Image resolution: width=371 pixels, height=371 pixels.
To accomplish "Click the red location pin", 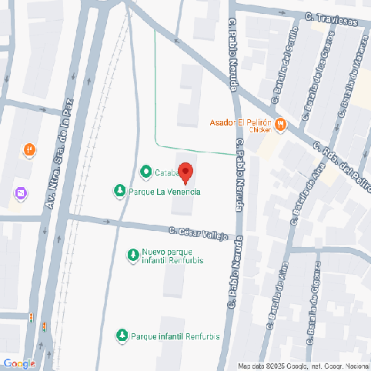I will click(x=185, y=173).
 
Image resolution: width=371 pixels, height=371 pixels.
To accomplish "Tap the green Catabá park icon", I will click(x=145, y=172).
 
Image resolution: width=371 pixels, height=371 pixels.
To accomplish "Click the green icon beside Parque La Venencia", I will click(x=119, y=191).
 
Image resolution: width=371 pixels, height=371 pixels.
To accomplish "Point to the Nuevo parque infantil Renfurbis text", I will click(x=171, y=256).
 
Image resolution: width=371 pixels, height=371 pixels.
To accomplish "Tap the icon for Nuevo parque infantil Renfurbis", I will click(x=132, y=253).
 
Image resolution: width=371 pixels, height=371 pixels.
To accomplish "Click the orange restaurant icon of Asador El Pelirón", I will click(x=281, y=123).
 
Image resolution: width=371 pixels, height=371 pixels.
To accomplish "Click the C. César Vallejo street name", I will click(x=199, y=233).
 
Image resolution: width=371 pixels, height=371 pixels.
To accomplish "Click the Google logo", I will click(x=19, y=363).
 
